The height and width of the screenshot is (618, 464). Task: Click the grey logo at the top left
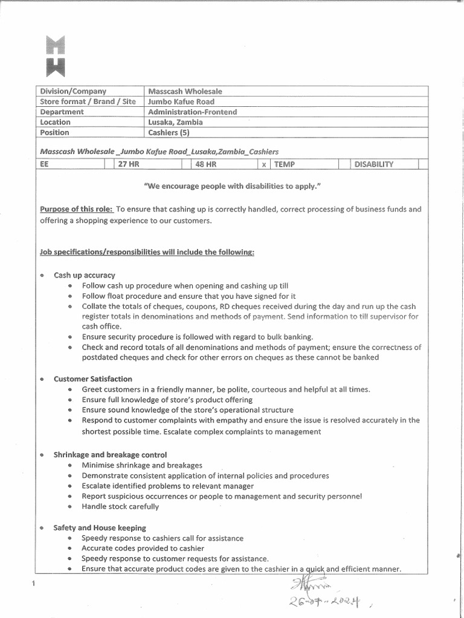[x=56, y=56]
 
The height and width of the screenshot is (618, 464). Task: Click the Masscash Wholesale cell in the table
[x=185, y=91]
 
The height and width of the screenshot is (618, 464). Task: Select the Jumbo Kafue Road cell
[x=181, y=101]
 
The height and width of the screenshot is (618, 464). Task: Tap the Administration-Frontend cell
[x=192, y=112]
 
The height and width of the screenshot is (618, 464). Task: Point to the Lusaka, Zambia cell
[x=175, y=122]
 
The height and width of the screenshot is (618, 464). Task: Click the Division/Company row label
[x=72, y=91]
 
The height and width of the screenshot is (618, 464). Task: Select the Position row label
[x=54, y=132]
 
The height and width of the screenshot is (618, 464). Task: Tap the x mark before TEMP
[x=264, y=164]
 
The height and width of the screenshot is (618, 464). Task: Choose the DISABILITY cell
[x=373, y=164]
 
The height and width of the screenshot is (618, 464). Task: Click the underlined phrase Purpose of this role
[x=76, y=209]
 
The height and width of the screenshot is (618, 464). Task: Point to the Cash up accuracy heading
[x=84, y=275]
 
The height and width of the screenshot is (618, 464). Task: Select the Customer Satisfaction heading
[x=92, y=379]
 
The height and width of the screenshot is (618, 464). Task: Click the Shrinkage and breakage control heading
[x=110, y=454]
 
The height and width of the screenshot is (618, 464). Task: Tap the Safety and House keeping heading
[x=100, y=527]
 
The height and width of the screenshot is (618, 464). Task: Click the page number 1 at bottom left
[x=33, y=582]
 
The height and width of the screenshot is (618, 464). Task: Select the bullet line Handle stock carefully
[x=120, y=506]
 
